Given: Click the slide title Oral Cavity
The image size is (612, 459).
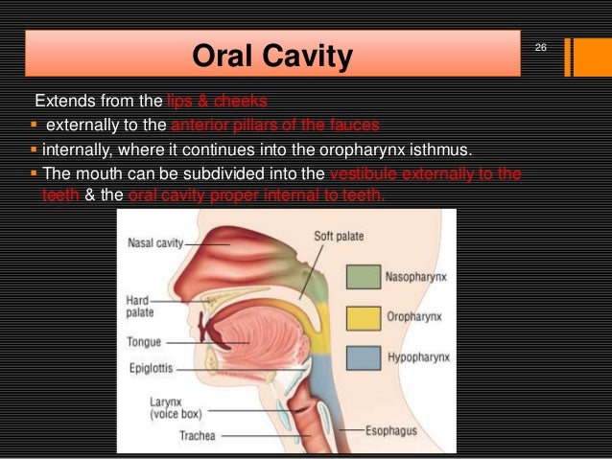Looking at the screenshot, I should tap(272, 57).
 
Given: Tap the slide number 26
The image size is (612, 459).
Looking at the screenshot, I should tap(540, 48).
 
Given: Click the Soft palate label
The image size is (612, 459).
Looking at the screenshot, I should tap(339, 236).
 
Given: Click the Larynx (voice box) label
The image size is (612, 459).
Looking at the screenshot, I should tap(171, 408).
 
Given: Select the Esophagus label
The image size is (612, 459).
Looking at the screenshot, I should tap(391, 430).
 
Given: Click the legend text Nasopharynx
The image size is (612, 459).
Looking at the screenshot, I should tap(416, 278).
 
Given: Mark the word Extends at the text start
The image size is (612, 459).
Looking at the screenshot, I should tap(60, 101).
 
